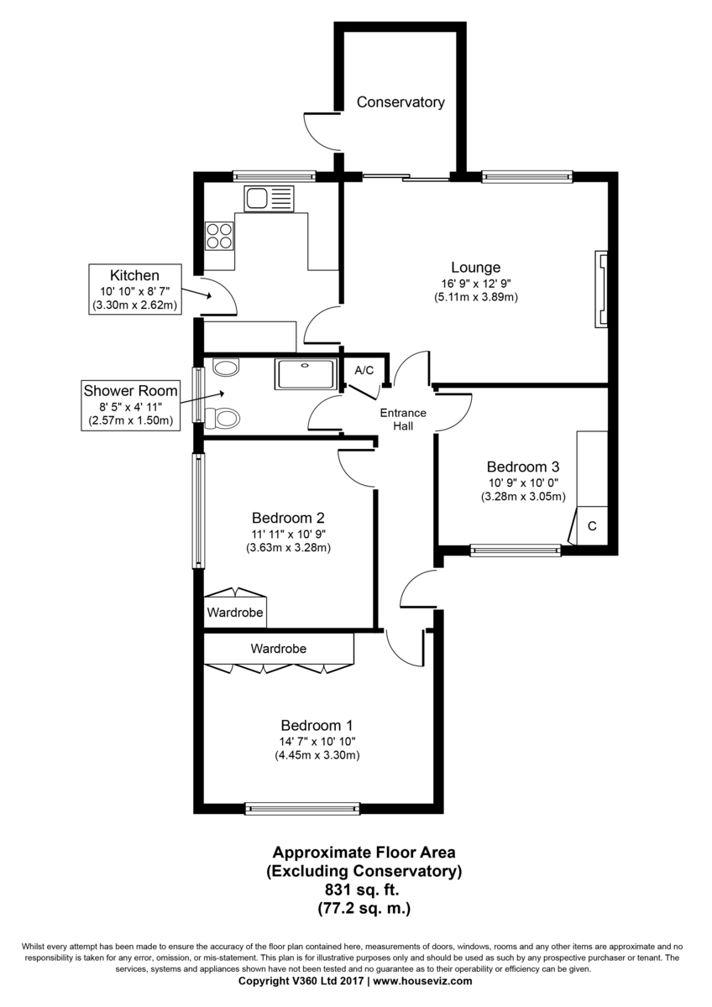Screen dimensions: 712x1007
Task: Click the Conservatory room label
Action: coord(400,102)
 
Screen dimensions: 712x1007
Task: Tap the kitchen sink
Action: coord(270,199)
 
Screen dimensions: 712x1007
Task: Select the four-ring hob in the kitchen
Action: coord(220,234)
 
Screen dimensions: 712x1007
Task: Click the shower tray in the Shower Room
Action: coord(305,373)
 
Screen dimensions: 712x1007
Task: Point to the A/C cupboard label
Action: coord(364,370)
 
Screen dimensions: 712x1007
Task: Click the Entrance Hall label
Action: coord(403,420)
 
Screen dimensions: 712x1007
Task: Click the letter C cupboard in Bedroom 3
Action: coord(591,526)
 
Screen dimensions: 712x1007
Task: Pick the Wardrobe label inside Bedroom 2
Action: coord(235,613)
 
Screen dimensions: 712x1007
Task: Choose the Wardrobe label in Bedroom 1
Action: coord(278,649)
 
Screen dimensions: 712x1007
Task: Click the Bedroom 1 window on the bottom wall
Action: coord(302,808)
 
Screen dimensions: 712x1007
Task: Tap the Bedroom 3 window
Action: coord(515,550)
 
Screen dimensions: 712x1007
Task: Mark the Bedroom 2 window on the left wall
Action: coord(198,510)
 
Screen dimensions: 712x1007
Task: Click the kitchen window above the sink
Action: coord(274,176)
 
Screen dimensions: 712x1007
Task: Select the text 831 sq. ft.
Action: coord(364,890)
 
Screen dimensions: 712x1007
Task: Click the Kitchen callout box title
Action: coord(134,275)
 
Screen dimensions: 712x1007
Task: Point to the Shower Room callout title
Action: coord(130,390)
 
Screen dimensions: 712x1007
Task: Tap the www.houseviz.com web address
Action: coord(422,980)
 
